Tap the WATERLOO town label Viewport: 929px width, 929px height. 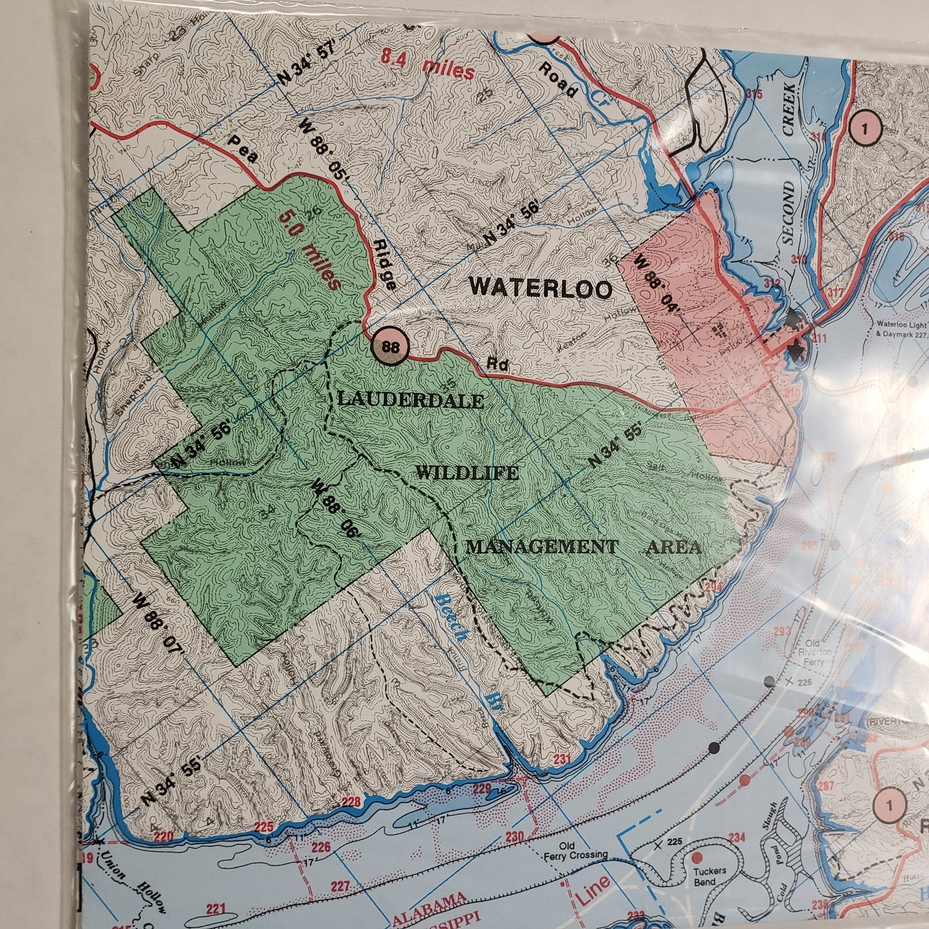[x=541, y=287]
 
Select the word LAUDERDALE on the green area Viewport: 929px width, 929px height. [x=411, y=400]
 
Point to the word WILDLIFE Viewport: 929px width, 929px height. [x=467, y=473]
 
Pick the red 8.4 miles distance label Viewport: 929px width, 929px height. [x=428, y=66]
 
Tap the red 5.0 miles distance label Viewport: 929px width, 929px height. [x=309, y=249]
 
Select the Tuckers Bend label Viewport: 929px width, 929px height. [x=710, y=876]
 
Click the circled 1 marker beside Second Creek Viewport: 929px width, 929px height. [x=865, y=129]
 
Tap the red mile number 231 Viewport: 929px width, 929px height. [x=561, y=759]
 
